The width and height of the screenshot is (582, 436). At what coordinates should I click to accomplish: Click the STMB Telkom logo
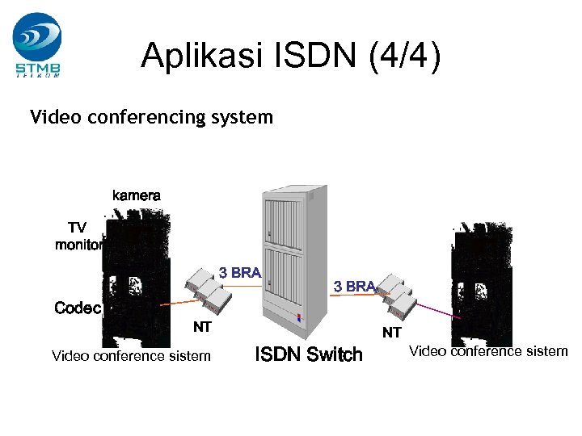pyautogui.click(x=37, y=44)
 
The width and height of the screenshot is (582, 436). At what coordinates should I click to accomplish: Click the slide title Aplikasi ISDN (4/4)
pyautogui.click(x=290, y=56)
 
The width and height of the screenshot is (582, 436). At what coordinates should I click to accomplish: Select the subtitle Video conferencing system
pyautogui.click(x=151, y=117)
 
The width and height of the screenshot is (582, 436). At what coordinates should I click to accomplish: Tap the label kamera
pyautogui.click(x=136, y=195)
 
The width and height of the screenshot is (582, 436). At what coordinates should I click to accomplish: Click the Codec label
pyautogui.click(x=78, y=308)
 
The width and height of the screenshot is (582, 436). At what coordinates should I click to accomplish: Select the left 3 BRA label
pyautogui.click(x=239, y=273)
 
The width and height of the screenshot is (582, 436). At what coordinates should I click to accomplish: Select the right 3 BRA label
pyautogui.click(x=354, y=287)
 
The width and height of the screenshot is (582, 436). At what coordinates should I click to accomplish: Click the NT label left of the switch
pyautogui.click(x=201, y=327)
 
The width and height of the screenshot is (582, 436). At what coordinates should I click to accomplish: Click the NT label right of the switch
pyautogui.click(x=391, y=332)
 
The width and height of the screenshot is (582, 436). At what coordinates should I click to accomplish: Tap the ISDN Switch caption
pyautogui.click(x=309, y=354)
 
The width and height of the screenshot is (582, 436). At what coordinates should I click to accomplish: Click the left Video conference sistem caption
pyautogui.click(x=131, y=355)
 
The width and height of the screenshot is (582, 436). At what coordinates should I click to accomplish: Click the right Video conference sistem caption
pyautogui.click(x=488, y=350)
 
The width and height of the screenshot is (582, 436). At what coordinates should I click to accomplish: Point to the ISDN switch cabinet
pyautogui.click(x=296, y=258)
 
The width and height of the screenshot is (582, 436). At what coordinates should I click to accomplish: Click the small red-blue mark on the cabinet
pyautogui.click(x=298, y=317)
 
